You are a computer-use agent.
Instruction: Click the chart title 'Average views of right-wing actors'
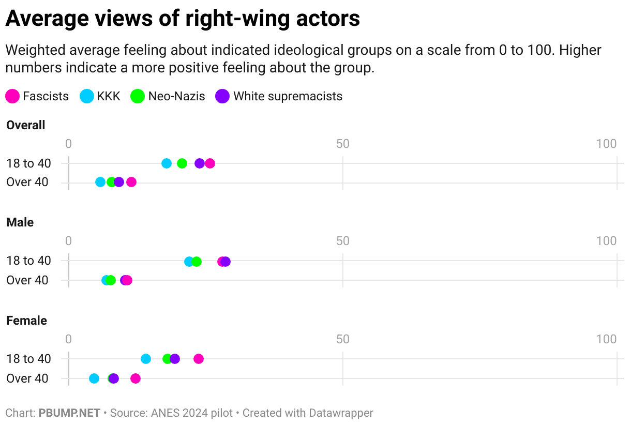pos(183,19)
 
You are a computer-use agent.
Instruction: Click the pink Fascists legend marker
pos(13,96)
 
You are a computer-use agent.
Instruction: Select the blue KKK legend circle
pos(87,96)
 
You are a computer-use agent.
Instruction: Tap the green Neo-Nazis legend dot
pos(138,96)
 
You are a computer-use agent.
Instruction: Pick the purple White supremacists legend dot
pos(223,96)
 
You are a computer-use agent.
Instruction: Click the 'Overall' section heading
pos(26,125)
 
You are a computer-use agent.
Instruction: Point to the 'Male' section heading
pos(20,222)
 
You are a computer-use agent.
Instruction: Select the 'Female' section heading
pos(26,321)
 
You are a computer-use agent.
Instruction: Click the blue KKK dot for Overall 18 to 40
pos(167,163)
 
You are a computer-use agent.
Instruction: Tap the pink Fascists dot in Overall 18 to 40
pos(210,163)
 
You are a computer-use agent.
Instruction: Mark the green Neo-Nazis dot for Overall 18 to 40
pos(182,163)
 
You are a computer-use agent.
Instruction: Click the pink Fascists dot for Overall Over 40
pos(131,182)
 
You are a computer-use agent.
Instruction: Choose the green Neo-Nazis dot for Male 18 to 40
pos(197,262)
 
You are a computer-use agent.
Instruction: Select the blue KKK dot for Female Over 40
pos(94,378)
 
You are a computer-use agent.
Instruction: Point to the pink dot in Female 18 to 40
pos(199,359)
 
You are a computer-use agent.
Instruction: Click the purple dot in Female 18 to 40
pos(175,359)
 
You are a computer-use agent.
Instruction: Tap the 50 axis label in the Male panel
pos(343,241)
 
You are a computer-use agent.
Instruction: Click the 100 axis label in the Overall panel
pos(606,144)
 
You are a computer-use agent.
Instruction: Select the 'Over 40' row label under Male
pos(27,280)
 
